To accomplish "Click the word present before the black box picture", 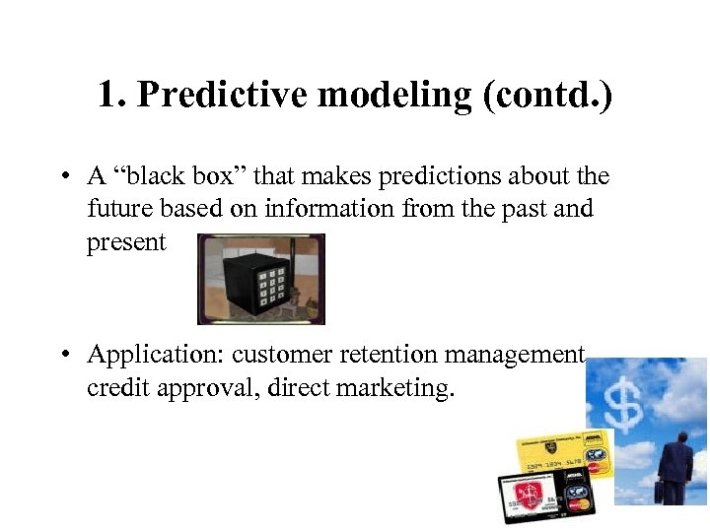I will point(126,243).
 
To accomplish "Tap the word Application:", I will point(155,355).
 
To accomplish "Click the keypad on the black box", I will point(270,286).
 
